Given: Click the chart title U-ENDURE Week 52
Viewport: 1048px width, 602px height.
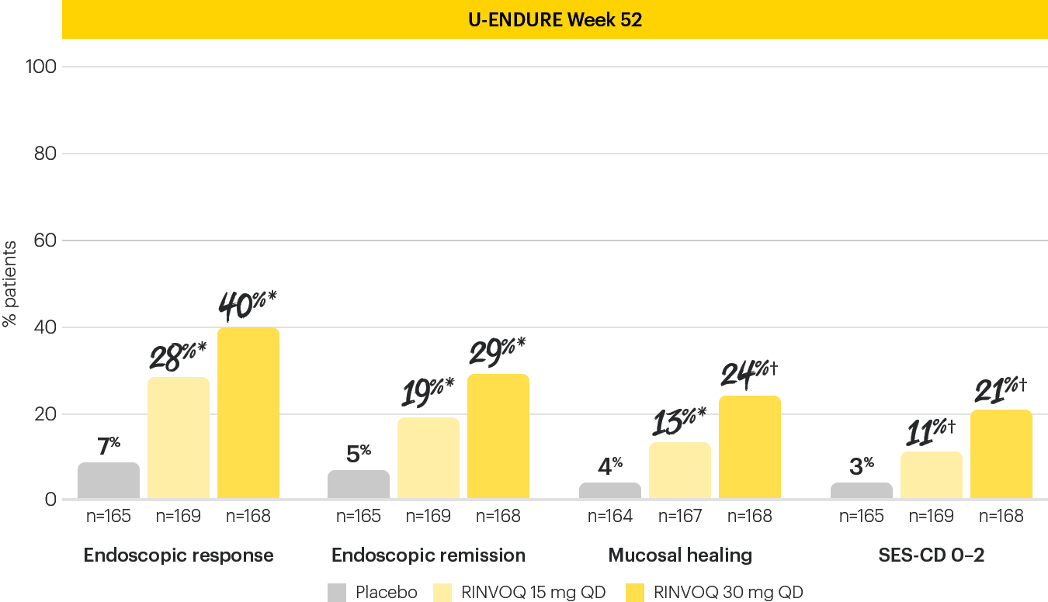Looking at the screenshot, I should click(555, 19).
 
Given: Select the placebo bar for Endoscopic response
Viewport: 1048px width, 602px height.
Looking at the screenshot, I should click(109, 481).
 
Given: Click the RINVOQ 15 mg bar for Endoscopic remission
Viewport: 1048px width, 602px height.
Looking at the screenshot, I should click(429, 458).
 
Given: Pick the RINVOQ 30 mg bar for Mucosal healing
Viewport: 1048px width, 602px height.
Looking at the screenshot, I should click(750, 447).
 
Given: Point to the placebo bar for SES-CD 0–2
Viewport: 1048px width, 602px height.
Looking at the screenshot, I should click(862, 491).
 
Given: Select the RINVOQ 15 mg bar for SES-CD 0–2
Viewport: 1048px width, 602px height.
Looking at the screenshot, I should click(932, 475).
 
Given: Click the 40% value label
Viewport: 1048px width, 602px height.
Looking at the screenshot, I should click(247, 305).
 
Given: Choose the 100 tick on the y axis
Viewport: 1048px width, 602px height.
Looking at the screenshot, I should click(41, 67).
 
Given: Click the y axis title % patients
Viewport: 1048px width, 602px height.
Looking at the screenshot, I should click(10, 283).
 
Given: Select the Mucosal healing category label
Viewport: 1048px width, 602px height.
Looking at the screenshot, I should click(680, 555).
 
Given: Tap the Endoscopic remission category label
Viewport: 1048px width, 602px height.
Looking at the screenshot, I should click(429, 555).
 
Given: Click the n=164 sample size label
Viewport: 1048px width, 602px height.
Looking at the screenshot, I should click(610, 517).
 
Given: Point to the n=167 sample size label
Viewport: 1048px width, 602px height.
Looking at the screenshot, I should click(680, 517).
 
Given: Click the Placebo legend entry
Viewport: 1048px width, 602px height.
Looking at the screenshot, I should click(373, 593).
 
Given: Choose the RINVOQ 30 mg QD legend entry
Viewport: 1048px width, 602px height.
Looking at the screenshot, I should click(714, 593).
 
